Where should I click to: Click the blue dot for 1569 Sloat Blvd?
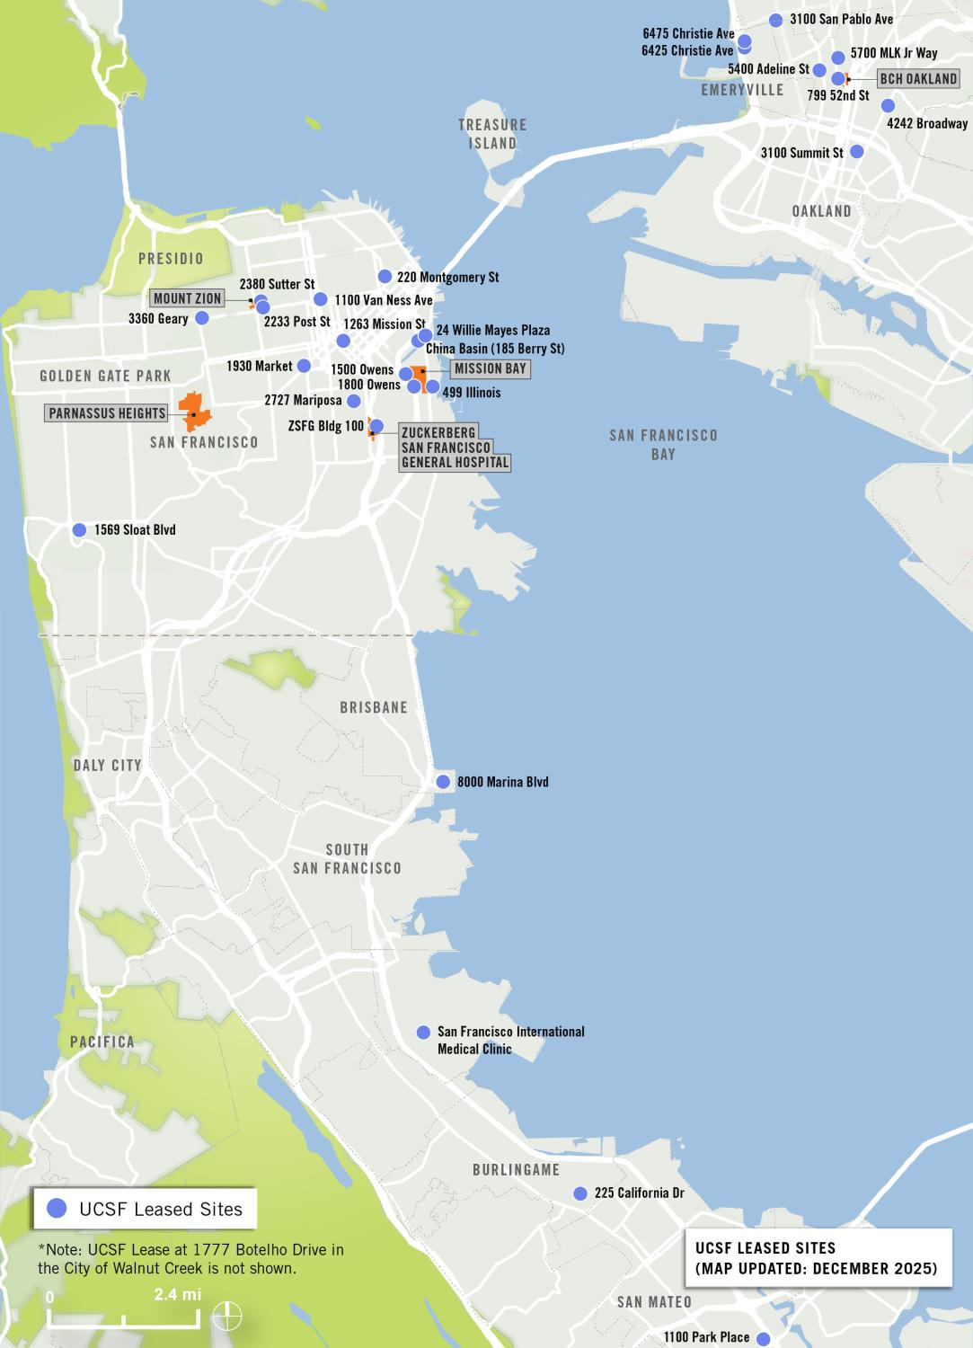point(79,530)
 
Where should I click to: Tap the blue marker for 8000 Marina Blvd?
point(443,782)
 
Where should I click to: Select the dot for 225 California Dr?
point(580,1193)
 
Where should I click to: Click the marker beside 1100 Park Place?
point(764,1338)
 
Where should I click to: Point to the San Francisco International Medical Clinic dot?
point(423,1033)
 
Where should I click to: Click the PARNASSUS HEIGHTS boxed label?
point(107,413)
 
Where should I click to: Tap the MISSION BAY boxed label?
point(490,368)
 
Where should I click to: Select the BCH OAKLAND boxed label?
point(917,79)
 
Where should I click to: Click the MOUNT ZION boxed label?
point(187,299)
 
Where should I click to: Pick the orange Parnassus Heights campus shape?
point(196,411)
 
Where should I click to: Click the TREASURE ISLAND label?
point(492,134)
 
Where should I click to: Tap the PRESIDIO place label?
point(171,259)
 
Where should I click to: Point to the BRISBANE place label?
point(374,707)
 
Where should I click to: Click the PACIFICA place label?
point(102,1042)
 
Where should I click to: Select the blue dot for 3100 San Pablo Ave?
point(776,20)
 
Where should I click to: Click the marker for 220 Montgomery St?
point(385,277)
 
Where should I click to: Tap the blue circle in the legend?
point(57,1210)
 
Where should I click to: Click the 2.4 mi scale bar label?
point(177,1295)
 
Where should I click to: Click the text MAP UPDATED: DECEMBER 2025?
point(816,1269)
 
